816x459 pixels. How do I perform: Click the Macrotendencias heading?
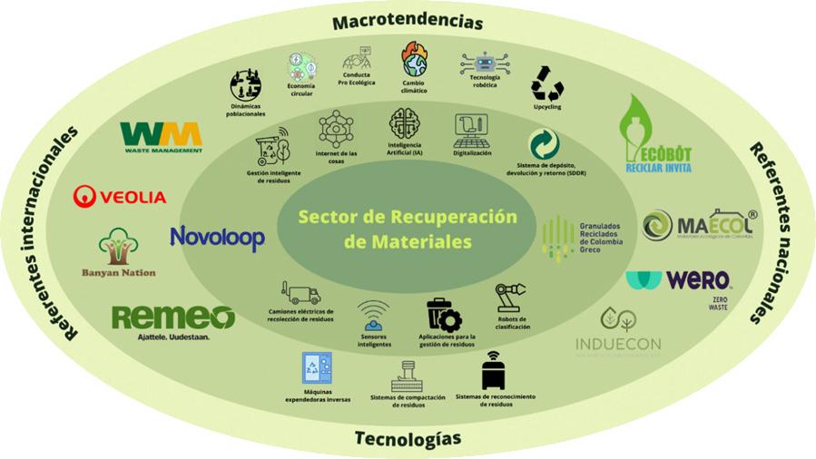tap(407, 20)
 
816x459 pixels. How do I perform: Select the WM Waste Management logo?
tap(162, 137)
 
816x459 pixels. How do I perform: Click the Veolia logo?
tap(120, 196)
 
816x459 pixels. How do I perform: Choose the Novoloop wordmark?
tap(217, 238)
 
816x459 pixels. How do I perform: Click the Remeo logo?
tap(172, 319)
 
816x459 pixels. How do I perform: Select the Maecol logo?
tap(697, 225)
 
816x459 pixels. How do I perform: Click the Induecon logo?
tap(618, 332)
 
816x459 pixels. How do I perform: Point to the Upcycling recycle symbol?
tap(547, 83)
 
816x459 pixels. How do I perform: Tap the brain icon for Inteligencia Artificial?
tap(404, 123)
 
